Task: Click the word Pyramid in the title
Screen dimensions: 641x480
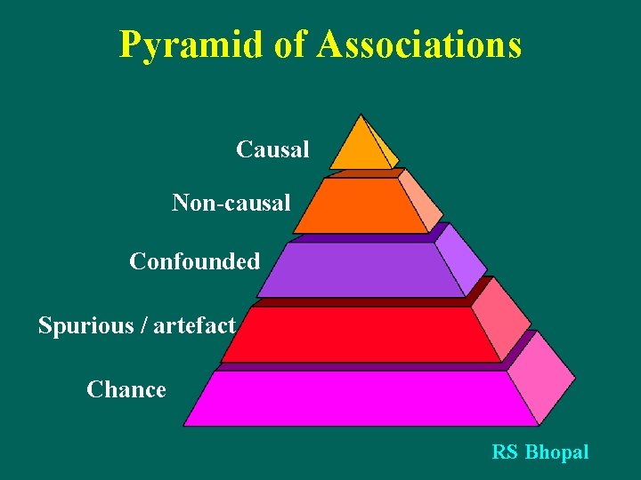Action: tap(191, 44)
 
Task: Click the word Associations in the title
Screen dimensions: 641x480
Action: tap(418, 44)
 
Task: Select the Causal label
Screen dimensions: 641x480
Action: tap(272, 149)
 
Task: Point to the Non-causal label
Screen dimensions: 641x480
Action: tap(231, 204)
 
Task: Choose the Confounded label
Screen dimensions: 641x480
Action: tap(194, 261)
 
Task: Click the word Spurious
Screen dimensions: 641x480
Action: tap(82, 325)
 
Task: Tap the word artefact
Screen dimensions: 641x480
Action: tap(194, 325)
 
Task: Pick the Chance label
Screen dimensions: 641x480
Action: tap(126, 389)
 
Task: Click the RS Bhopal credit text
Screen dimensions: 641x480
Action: tap(540, 452)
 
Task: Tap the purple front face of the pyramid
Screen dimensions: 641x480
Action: tap(360, 269)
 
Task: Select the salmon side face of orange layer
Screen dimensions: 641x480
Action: tap(419, 201)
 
